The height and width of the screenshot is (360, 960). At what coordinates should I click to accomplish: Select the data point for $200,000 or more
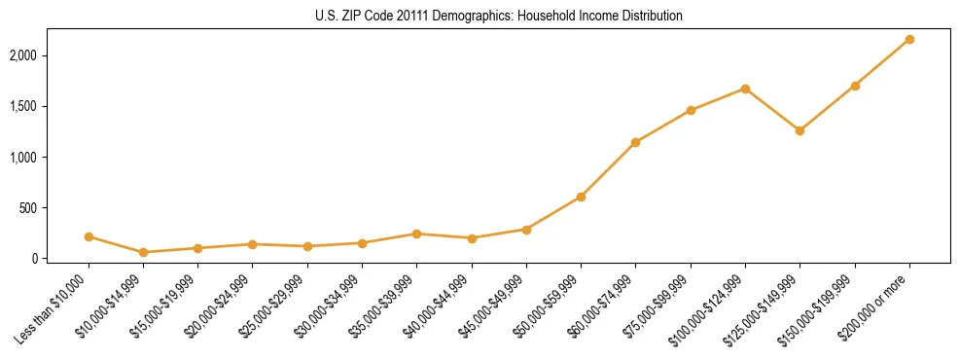pyautogui.click(x=909, y=39)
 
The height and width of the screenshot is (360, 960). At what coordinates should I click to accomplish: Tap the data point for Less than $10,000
pyautogui.click(x=89, y=236)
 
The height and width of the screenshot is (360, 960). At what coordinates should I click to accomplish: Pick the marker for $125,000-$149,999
pyautogui.click(x=800, y=130)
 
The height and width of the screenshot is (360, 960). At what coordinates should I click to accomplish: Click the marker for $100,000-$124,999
pyautogui.click(x=745, y=89)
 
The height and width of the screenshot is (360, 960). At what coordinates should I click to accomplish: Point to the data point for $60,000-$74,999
pyautogui.click(x=635, y=142)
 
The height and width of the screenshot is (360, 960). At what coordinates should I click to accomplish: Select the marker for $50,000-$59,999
pyautogui.click(x=581, y=197)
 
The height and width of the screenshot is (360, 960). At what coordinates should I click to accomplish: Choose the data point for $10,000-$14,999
pyautogui.click(x=143, y=252)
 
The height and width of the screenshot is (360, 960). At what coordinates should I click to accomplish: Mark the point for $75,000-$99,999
pyautogui.click(x=691, y=110)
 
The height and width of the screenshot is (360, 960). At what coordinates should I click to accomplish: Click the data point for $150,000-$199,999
pyautogui.click(x=855, y=86)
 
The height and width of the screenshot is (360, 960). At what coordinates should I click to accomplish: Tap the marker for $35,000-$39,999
pyautogui.click(x=416, y=234)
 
